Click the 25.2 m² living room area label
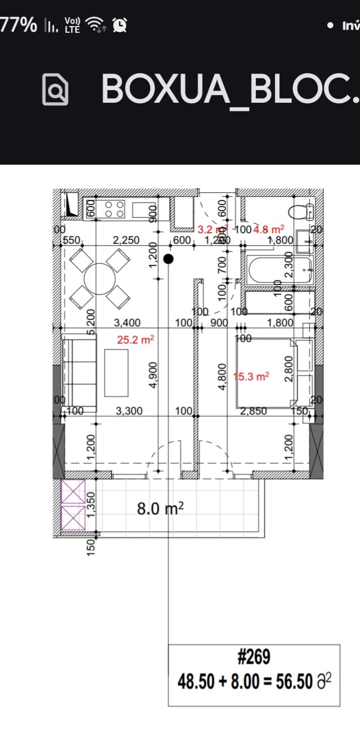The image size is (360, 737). pos(135,340)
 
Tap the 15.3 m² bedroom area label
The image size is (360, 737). pos(252,376)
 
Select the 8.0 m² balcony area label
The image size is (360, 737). pos(160,509)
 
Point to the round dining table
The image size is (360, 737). pos(100,279)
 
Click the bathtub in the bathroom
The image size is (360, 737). pos(280,270)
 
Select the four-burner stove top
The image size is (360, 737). pos(113,209)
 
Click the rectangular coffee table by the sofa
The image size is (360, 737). pos(116,372)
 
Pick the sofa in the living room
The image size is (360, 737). pos(80,372)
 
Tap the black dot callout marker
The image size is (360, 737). pos(169,259)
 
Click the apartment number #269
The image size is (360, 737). pos(254,657)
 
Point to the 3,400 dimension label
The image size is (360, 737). pos(127,322)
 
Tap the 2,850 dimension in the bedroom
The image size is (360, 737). pos(254,411)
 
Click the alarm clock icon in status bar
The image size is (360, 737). pos(120,24)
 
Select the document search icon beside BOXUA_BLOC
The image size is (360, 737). pos(55,89)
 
